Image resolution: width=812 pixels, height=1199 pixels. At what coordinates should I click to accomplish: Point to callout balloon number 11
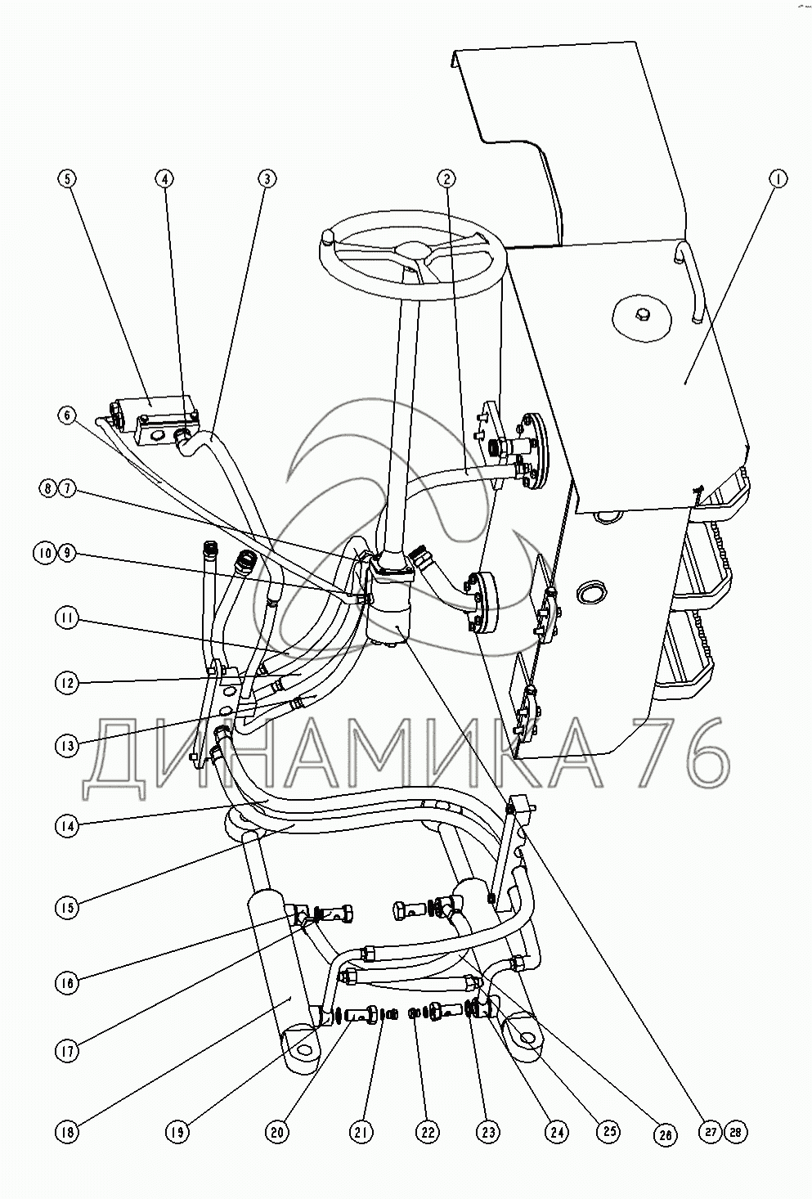(67, 618)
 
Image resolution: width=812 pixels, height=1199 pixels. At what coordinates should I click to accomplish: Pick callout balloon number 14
(67, 826)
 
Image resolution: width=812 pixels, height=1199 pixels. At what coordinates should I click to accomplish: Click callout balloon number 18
(67, 1132)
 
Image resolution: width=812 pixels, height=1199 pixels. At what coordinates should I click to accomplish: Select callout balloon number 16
(67, 981)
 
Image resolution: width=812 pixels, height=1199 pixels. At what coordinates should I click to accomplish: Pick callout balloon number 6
(67, 417)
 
